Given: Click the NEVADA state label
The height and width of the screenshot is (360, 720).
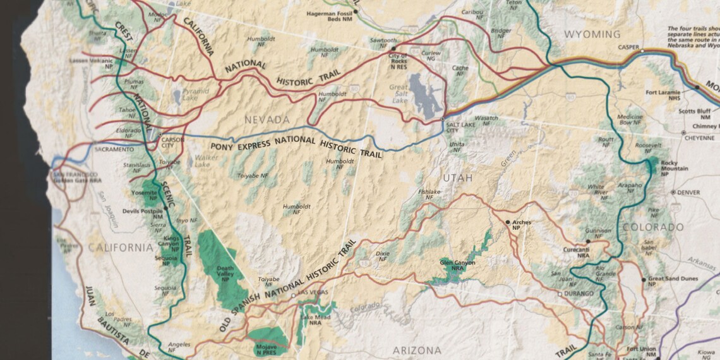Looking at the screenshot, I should pos(267,119).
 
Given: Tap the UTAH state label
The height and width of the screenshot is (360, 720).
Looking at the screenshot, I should pos(457,178).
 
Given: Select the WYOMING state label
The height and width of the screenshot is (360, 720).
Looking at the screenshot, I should pos(592,34).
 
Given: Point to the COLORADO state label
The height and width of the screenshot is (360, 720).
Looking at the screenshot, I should pos(652,227).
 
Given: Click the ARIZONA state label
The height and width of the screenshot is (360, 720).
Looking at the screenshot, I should pos(417,350).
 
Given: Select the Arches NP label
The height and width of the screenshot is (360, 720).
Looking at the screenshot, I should pos(521,225).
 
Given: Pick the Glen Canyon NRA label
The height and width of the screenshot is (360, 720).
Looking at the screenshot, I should pos(457,265).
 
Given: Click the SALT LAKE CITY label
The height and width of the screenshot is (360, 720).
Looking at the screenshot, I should pos(460,126).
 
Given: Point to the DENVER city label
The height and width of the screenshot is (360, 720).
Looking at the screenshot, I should pos(688,192).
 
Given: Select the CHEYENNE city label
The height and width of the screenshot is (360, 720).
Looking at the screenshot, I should pos(701,138).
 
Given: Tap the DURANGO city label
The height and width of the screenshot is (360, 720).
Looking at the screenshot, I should pos(579,294).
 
